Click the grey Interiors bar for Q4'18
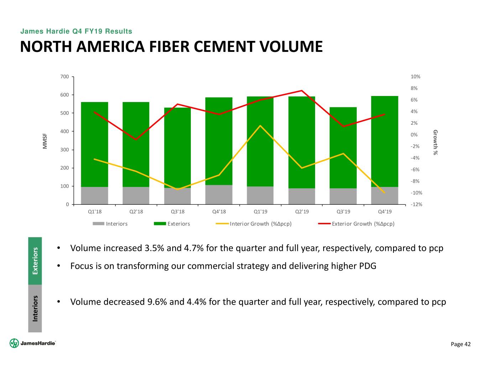pos(219,194)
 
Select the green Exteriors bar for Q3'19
pos(343,148)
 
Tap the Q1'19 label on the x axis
pos(260,212)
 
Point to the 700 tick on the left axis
pos(64,77)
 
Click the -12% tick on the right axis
pos(416,204)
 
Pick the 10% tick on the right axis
pos(416,77)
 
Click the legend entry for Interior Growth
pos(260,224)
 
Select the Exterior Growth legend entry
pos(363,224)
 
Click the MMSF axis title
pos(45,141)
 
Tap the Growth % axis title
pos(435,142)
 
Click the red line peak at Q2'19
pos(302,91)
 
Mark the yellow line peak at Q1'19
pos(260,125)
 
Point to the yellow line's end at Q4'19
pos(385,193)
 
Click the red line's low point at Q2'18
pos(136,139)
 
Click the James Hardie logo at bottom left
pos(33,343)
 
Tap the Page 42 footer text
pos(461,344)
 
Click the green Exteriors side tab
pos(35,261)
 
